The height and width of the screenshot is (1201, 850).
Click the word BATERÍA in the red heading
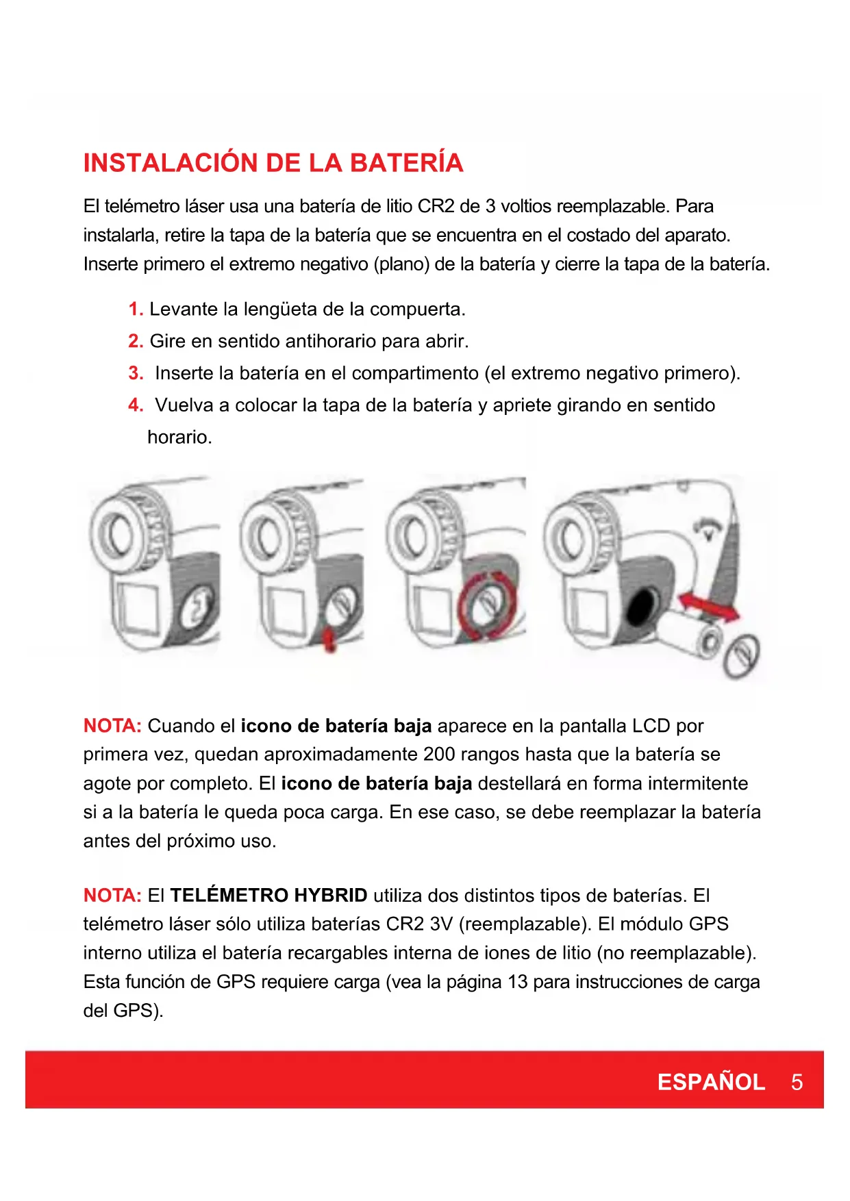tap(406, 163)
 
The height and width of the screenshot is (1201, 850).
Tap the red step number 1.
tap(136, 309)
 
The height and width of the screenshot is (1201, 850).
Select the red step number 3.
tap(136, 373)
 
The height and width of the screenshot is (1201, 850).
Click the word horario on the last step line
tap(179, 437)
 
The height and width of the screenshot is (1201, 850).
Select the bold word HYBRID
tap(331, 896)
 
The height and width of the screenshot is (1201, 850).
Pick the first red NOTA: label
tap(112, 726)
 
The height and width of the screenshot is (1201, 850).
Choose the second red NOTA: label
tap(112, 896)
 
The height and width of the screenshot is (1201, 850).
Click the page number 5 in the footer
tap(797, 1082)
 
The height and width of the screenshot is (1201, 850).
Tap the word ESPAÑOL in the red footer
tap(711, 1082)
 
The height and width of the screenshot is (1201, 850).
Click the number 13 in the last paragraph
tap(517, 982)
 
